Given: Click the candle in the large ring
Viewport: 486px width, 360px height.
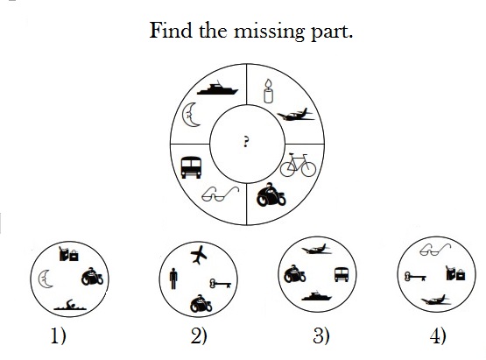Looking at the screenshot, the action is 269,91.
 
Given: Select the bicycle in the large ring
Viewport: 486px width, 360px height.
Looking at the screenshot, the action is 298,166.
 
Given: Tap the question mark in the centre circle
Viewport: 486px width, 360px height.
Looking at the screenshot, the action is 246,142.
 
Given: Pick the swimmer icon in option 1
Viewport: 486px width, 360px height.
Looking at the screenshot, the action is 70,305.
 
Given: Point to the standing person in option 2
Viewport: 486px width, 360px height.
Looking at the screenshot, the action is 173,279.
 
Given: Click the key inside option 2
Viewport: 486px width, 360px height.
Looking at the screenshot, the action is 221,284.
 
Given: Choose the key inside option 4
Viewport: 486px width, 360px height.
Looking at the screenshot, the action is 415,276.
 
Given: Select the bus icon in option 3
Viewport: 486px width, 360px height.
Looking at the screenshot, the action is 342,275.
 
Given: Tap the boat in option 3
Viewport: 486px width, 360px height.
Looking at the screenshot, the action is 316,296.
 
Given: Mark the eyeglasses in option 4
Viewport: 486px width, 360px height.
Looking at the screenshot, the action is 435,250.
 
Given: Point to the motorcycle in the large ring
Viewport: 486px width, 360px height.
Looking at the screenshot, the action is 271,194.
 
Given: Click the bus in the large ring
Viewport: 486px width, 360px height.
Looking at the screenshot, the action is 191,167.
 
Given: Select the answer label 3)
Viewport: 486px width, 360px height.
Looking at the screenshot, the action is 321,335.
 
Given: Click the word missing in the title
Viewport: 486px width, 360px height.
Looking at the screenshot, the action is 270,32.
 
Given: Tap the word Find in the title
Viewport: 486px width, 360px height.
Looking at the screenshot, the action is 171,30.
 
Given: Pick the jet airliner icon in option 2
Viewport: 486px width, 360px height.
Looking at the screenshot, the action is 199,255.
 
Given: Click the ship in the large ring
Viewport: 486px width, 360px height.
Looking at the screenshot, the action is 217,88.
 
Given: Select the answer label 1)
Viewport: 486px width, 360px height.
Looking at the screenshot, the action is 58,335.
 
